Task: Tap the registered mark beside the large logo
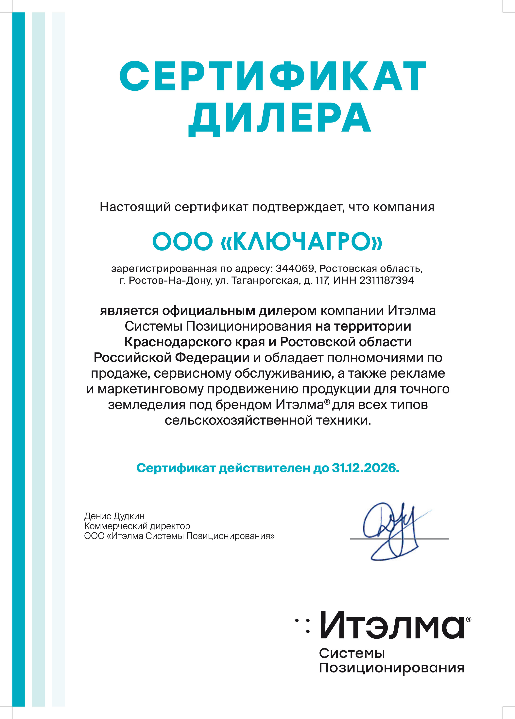pyautogui.click(x=469, y=619)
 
